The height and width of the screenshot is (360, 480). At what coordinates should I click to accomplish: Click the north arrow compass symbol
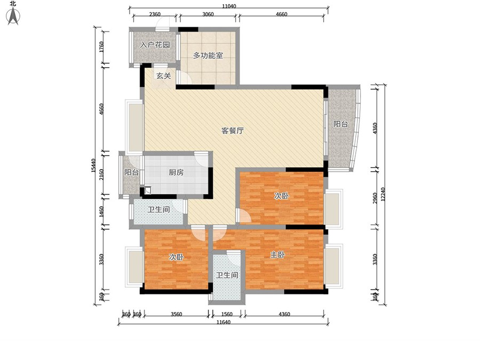coord(13,16)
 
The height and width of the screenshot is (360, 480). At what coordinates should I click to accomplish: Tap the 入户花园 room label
coord(155,45)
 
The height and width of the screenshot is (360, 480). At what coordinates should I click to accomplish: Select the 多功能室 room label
coord(208,55)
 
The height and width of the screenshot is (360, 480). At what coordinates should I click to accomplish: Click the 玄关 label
coord(164,76)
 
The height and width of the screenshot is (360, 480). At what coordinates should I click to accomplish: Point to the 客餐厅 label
coord(233,131)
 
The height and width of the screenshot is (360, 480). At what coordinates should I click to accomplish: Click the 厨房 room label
coord(176,172)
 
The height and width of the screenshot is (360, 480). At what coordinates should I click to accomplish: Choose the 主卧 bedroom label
coord(277,255)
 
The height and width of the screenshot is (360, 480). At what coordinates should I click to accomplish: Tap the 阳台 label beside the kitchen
coord(131,172)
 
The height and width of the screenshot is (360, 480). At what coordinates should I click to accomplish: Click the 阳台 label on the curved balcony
coord(341,124)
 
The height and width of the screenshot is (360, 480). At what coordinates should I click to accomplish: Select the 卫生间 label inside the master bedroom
coord(227,275)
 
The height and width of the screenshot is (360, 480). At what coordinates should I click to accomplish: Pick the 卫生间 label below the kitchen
coord(158,210)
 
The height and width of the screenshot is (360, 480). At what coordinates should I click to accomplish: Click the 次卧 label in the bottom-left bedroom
coord(177,257)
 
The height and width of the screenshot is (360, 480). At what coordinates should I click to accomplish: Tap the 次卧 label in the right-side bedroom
coord(281,196)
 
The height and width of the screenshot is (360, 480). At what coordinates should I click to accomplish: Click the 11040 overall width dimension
coord(229,6)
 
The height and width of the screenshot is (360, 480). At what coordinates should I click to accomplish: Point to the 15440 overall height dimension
coord(94,166)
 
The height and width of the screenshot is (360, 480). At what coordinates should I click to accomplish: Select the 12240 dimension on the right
coord(383,194)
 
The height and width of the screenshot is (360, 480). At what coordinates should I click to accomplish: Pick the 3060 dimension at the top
coord(208,14)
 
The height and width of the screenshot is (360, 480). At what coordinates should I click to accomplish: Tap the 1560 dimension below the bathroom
coord(227,314)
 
